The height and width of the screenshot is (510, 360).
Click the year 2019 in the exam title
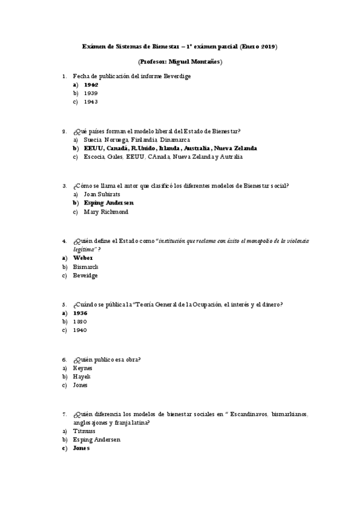click(268, 46)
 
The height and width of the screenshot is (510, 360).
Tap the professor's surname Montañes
click(204, 61)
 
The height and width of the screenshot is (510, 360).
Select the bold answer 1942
click(91, 85)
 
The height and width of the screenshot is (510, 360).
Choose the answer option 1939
click(91, 94)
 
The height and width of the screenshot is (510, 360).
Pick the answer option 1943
click(91, 102)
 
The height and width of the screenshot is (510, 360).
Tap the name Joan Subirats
click(102, 195)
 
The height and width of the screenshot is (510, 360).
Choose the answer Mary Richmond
click(106, 212)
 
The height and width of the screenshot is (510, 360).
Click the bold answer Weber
click(83, 258)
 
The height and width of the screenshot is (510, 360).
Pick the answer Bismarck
click(85, 266)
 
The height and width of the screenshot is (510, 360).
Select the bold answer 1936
click(80, 313)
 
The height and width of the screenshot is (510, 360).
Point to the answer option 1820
click(80, 322)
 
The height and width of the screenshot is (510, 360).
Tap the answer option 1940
click(80, 330)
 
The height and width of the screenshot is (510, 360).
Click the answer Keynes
click(83, 368)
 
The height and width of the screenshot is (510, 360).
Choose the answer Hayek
click(82, 376)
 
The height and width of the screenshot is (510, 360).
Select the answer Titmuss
click(84, 431)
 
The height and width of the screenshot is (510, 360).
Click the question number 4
click(64, 241)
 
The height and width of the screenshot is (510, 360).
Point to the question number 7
click(64, 414)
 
